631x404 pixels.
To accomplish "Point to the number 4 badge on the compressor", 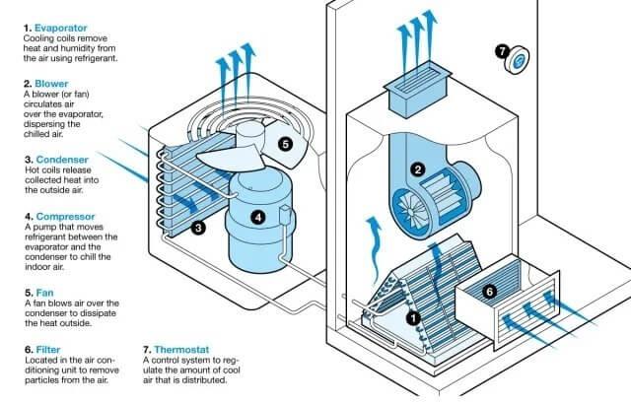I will [257, 215].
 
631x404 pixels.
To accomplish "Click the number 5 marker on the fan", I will [285, 144].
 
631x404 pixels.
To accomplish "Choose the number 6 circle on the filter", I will [489, 291].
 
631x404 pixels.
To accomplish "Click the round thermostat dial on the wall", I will [517, 62].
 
